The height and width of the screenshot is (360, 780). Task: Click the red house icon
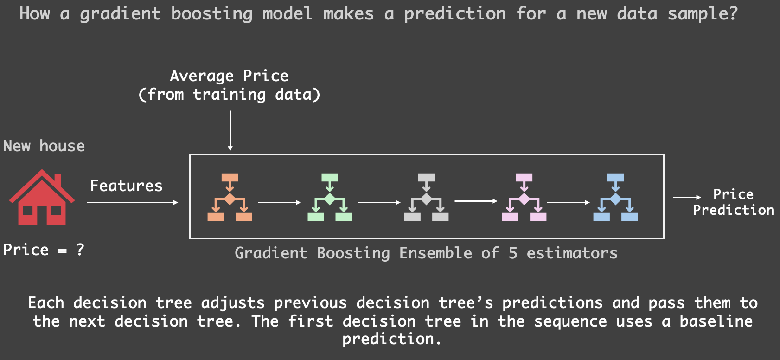pyautogui.click(x=42, y=198)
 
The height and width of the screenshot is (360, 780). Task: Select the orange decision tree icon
pyautogui.click(x=230, y=197)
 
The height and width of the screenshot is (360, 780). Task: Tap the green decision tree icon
pyautogui.click(x=329, y=197)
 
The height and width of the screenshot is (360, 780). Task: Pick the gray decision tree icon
pyautogui.click(x=426, y=197)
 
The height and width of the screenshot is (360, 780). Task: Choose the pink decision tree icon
pyautogui.click(x=524, y=197)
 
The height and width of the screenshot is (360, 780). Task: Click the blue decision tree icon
pyautogui.click(x=615, y=197)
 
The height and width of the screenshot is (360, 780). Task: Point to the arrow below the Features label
pyautogui.click(x=132, y=202)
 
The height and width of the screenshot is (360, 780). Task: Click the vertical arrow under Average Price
pyautogui.click(x=230, y=131)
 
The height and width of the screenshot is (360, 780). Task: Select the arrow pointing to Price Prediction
pyautogui.click(x=687, y=197)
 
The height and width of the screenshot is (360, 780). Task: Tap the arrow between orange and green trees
pyautogui.click(x=279, y=202)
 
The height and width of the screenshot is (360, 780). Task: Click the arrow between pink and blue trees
pyautogui.click(x=568, y=202)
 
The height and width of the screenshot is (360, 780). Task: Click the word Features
pyautogui.click(x=127, y=186)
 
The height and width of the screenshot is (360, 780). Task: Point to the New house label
pyautogui.click(x=44, y=146)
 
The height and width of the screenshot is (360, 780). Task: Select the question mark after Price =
pyautogui.click(x=80, y=250)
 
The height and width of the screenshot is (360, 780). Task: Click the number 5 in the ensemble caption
pyautogui.click(x=512, y=253)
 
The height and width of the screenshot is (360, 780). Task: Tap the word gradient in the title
pyautogui.click(x=120, y=14)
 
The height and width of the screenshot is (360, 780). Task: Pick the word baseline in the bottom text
pyautogui.click(x=716, y=321)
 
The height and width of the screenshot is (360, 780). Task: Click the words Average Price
pyautogui.click(x=229, y=77)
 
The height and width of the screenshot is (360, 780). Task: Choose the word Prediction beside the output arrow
pyautogui.click(x=733, y=210)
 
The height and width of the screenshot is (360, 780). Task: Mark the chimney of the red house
pyautogui.click(x=58, y=180)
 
